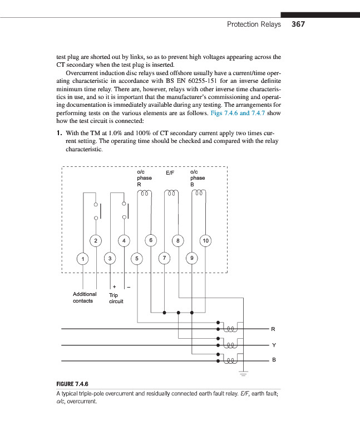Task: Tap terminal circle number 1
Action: (x=82, y=259)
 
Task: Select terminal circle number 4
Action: (x=124, y=240)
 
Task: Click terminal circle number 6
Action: (x=150, y=240)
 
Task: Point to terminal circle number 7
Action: (x=164, y=259)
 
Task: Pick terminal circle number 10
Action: (x=205, y=240)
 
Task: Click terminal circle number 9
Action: (x=192, y=259)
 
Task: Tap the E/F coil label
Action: (x=171, y=173)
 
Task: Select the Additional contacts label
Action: (x=85, y=298)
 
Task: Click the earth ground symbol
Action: (x=243, y=371)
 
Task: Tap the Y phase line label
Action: (x=273, y=345)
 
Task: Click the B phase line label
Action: (x=273, y=361)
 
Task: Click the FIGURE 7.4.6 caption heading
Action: (x=73, y=384)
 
